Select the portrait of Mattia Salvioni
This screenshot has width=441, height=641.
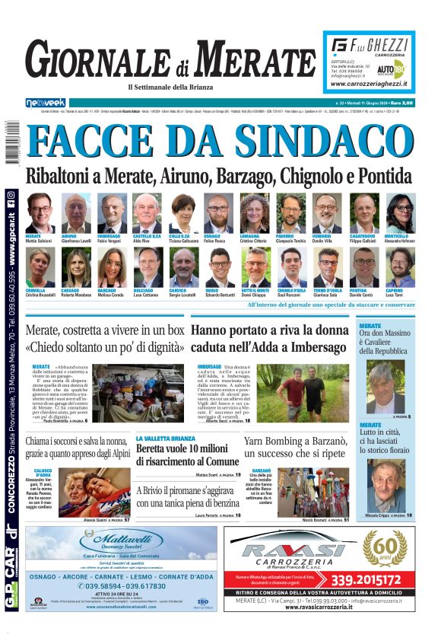40,212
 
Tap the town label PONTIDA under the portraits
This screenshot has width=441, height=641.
359,290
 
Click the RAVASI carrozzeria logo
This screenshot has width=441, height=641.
293,551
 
